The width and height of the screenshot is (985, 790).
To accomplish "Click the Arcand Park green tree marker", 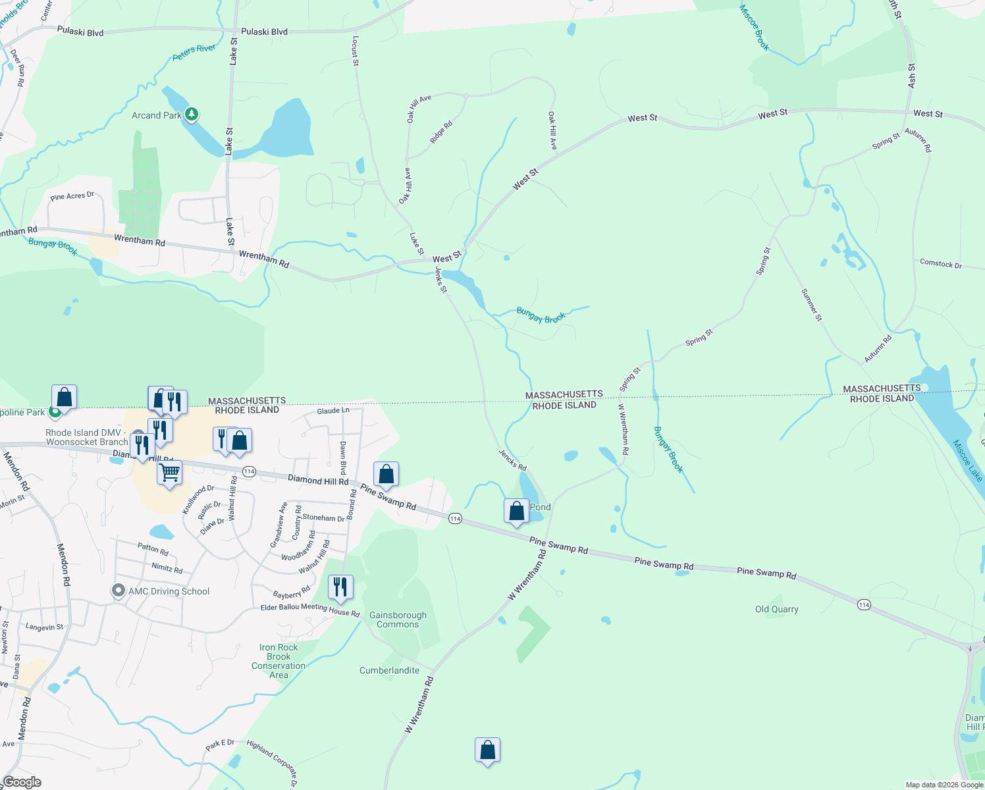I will click(192, 115).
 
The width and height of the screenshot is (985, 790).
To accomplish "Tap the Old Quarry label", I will click(776, 610).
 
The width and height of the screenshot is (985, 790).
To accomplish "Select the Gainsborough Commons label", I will click(398, 619).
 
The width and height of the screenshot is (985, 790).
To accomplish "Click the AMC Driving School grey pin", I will click(119, 591).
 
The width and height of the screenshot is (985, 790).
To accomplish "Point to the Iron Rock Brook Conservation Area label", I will click(279, 661).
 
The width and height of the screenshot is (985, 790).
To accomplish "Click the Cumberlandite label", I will click(389, 670).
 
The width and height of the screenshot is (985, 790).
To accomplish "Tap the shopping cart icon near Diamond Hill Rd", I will click(170, 471).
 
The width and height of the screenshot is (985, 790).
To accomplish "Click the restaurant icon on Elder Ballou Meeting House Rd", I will click(340, 586).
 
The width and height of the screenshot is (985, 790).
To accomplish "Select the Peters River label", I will click(194, 53).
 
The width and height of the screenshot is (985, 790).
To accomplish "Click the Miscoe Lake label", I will click(967, 461).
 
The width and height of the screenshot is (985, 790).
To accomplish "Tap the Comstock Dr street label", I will click(940, 263).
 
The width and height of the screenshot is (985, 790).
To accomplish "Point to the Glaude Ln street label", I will click(333, 411).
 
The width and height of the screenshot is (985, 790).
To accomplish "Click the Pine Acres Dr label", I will click(72, 196).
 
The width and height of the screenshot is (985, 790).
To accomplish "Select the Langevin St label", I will click(44, 627).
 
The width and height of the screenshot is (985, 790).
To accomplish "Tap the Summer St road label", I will click(811, 305).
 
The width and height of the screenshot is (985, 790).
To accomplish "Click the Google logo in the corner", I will click(22, 782).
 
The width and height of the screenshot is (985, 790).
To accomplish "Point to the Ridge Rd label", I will click(441, 132).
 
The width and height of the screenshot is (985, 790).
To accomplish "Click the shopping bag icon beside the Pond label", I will click(517, 511).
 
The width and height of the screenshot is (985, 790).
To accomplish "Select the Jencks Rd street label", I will click(512, 460).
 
